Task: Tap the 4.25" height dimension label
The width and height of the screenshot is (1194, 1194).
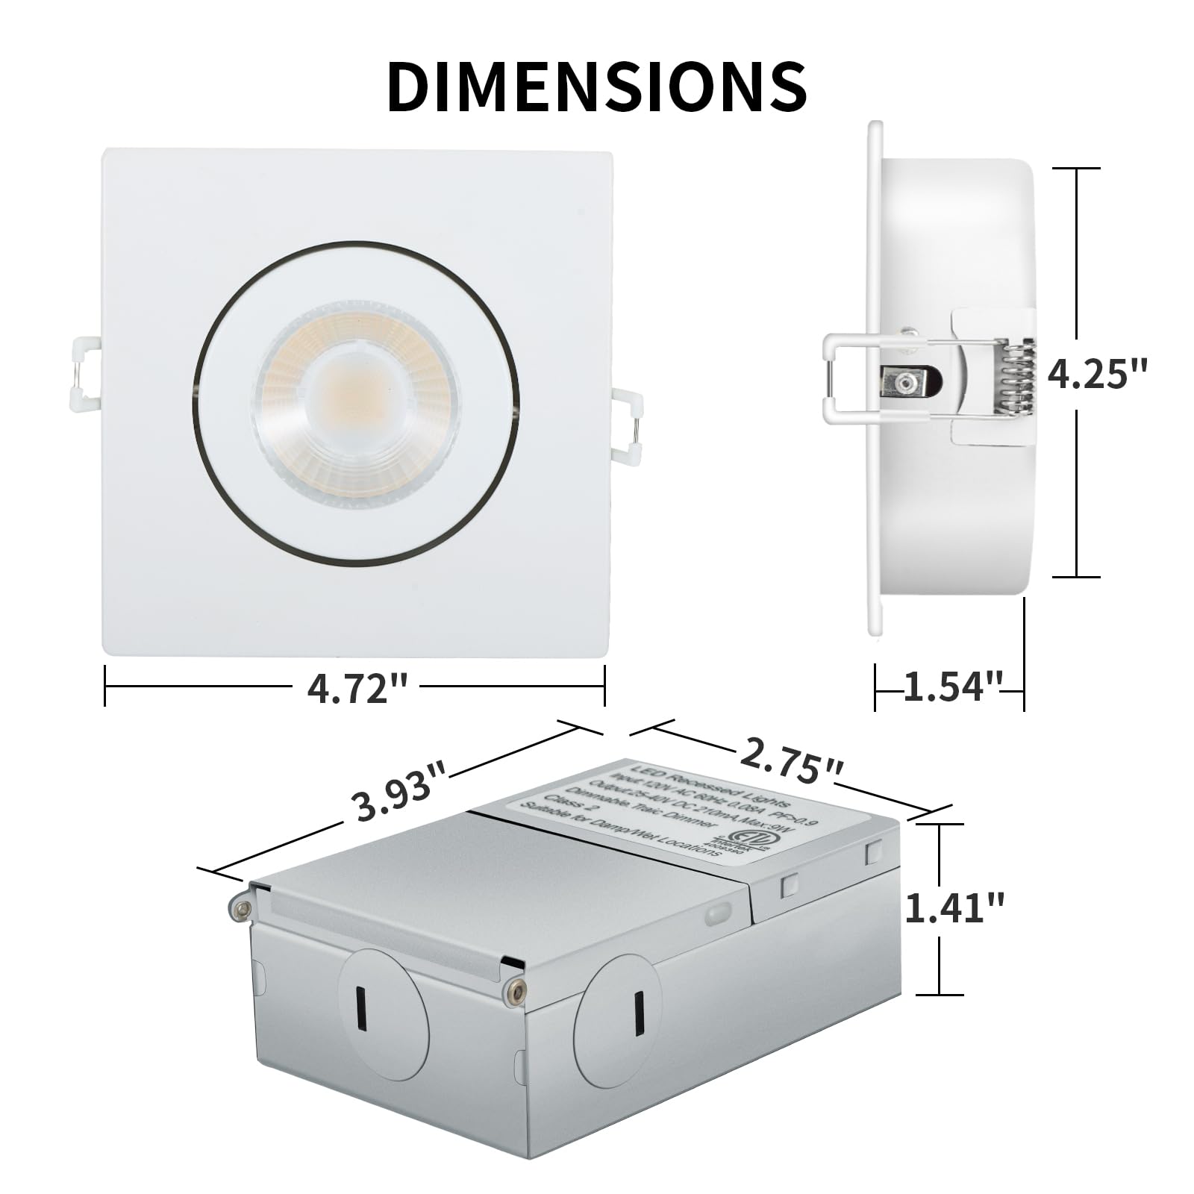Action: [x=1096, y=373]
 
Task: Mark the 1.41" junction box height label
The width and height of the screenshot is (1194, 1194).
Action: [x=954, y=908]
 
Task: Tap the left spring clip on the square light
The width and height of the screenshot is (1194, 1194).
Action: [x=85, y=374]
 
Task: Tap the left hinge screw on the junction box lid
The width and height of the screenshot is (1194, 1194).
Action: [x=240, y=908]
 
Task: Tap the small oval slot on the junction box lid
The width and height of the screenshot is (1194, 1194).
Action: [x=719, y=911]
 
